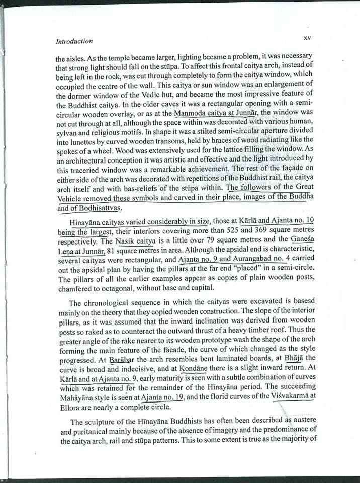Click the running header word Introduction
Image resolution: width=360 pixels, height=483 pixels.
pyautogui.click(x=74, y=41)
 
